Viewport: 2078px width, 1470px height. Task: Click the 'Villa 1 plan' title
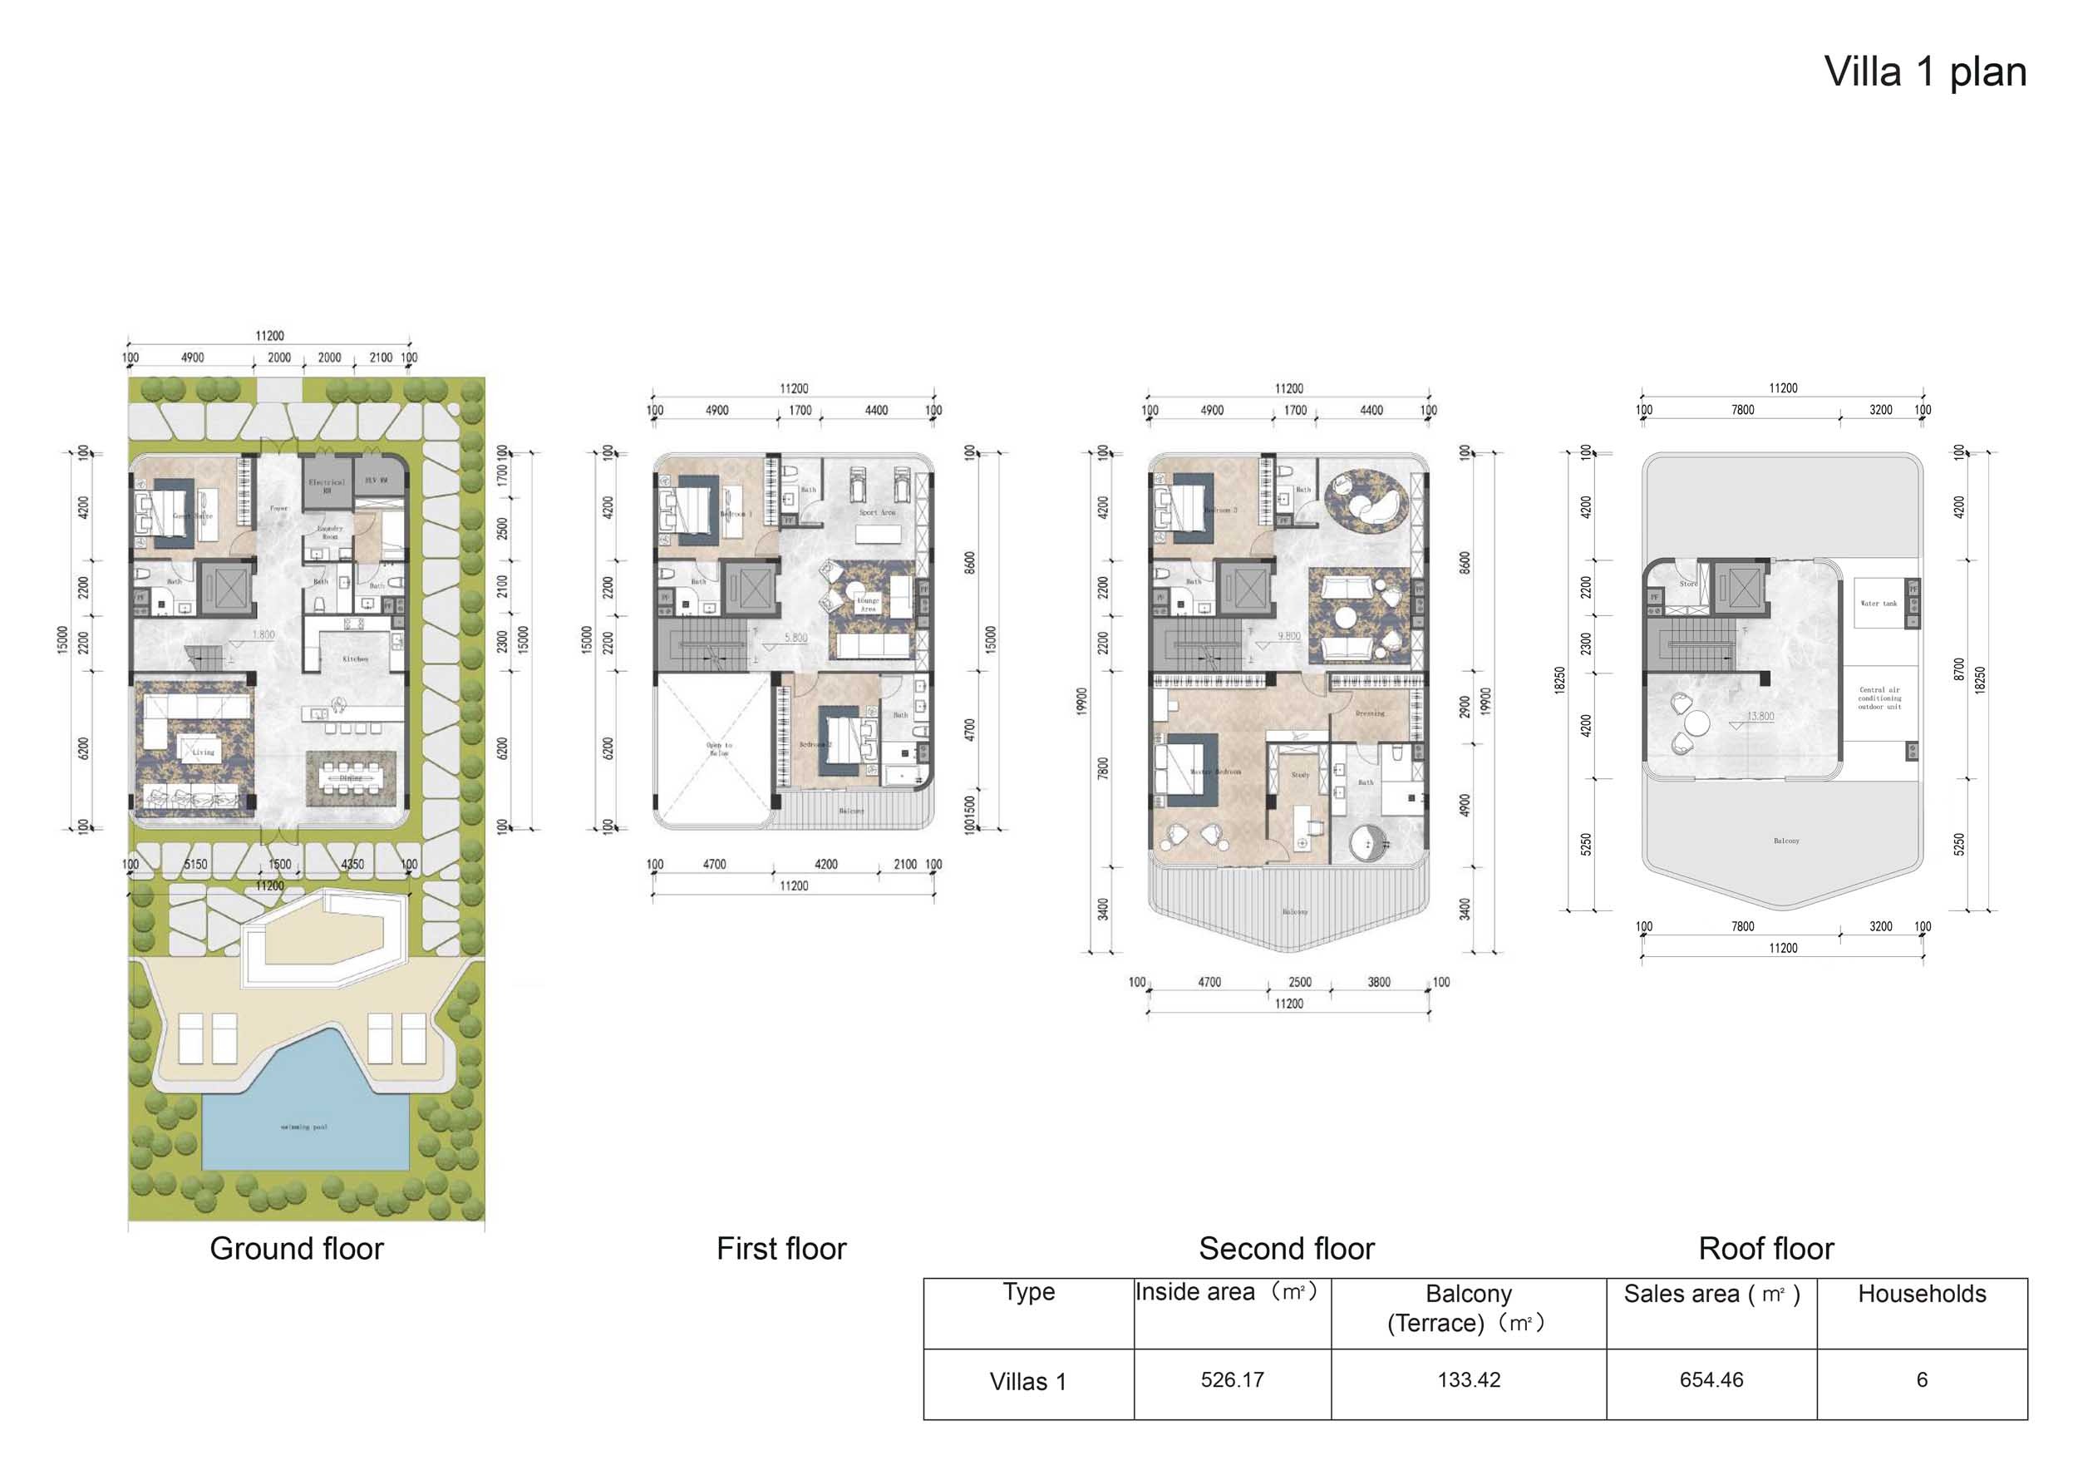(x=1924, y=72)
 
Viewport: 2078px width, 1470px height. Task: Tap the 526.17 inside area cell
(x=1232, y=1379)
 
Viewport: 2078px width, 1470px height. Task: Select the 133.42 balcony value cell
(x=1468, y=1379)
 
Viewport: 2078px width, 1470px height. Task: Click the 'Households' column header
(x=1922, y=1294)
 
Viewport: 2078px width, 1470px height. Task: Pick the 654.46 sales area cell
(x=1711, y=1379)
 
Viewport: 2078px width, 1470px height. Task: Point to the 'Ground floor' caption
(x=296, y=1248)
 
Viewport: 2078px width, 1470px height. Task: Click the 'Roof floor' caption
(x=1765, y=1248)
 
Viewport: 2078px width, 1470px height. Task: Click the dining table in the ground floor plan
(x=350, y=777)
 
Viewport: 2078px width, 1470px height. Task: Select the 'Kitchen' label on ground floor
(x=356, y=659)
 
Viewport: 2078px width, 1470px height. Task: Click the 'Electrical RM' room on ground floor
(x=327, y=486)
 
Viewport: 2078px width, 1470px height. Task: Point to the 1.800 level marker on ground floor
(x=263, y=634)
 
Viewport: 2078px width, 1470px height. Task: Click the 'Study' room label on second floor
(x=1300, y=775)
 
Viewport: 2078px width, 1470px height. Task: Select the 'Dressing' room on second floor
(x=1369, y=713)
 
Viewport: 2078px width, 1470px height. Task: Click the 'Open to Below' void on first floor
(x=719, y=749)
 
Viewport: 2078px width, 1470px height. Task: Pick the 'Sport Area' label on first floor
(x=876, y=512)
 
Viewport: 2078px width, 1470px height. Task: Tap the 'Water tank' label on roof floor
(x=1878, y=603)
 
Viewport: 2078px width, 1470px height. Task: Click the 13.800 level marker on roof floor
(x=1760, y=716)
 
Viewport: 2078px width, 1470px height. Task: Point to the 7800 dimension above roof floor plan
(x=1742, y=410)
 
